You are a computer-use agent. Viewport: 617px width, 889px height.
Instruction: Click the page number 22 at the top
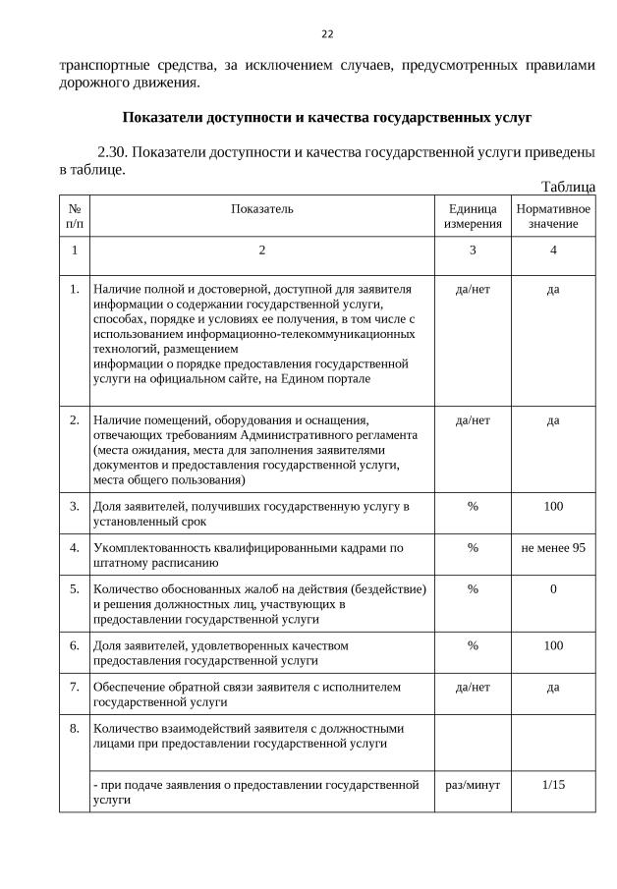pos(327,34)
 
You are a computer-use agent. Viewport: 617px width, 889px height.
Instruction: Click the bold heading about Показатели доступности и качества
pos(327,118)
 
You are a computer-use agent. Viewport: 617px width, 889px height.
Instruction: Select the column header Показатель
pos(261,208)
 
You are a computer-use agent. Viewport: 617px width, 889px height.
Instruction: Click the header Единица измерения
pos(473,216)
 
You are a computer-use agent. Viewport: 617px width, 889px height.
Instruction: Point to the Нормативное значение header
pos(553,216)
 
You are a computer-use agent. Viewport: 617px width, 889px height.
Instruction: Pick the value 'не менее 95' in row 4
pos(553,547)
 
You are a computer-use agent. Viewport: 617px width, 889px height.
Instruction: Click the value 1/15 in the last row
pos(553,784)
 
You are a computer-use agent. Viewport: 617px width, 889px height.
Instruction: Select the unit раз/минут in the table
pos(473,784)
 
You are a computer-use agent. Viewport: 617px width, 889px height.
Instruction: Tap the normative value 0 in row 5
pos(553,588)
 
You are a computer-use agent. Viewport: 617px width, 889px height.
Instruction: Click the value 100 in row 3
pos(553,506)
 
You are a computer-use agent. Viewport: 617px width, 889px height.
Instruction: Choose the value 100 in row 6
pos(553,645)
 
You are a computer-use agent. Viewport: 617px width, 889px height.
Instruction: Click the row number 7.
pos(75,687)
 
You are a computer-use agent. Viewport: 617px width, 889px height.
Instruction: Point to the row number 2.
pos(75,420)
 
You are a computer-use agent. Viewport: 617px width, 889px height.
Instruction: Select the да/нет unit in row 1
pos(473,289)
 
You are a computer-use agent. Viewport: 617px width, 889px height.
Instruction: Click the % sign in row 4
pos(473,547)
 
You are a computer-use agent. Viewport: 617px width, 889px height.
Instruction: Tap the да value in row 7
pos(553,687)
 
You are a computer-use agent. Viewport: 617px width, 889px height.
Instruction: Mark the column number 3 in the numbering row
pos(473,250)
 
